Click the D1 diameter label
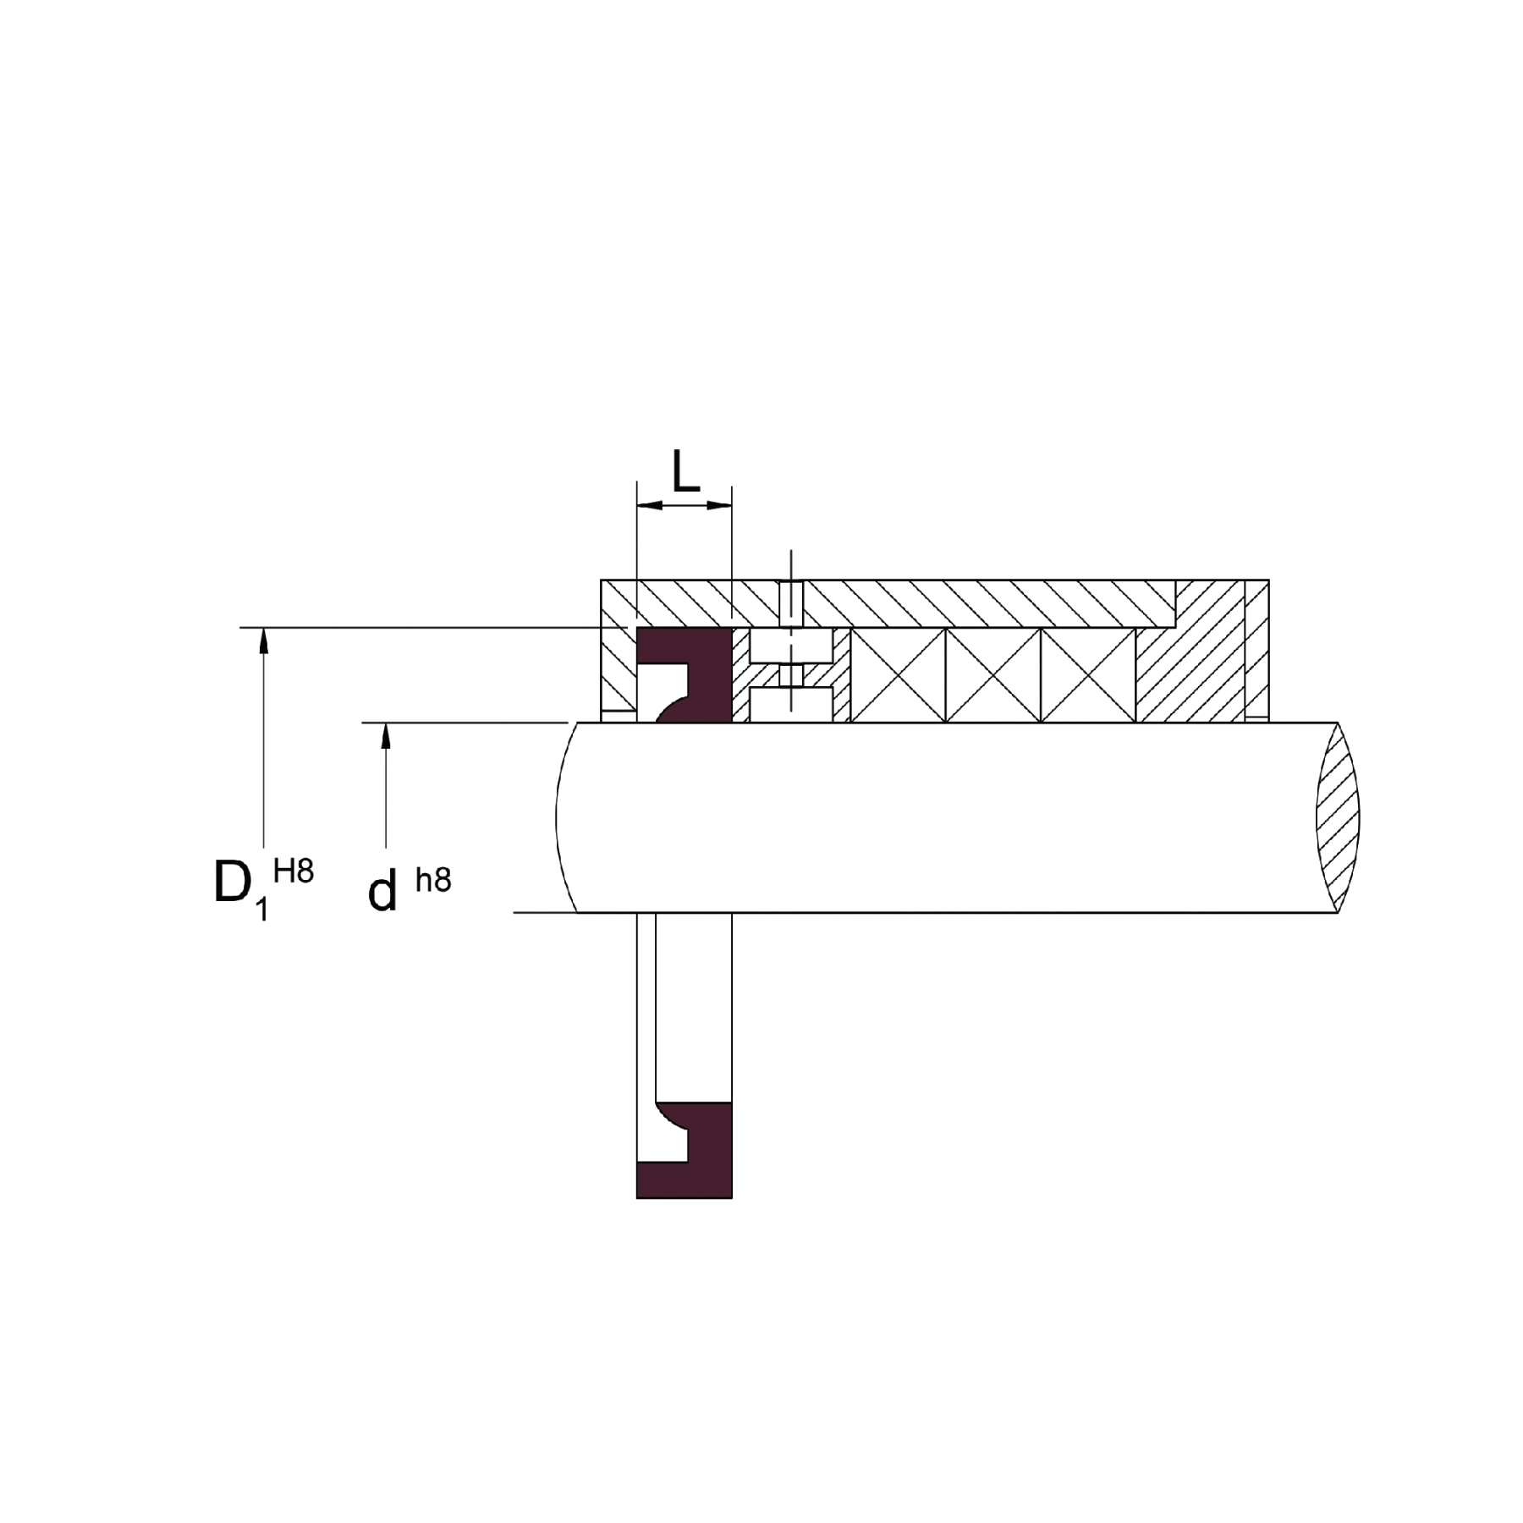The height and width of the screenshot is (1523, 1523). (242, 888)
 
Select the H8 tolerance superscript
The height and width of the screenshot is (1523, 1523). (294, 871)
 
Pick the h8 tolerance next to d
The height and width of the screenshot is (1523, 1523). (433, 880)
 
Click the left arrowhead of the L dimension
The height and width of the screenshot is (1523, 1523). (649, 506)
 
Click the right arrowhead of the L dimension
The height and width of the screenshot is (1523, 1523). (718, 506)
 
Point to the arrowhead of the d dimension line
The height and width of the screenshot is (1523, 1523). (386, 736)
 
